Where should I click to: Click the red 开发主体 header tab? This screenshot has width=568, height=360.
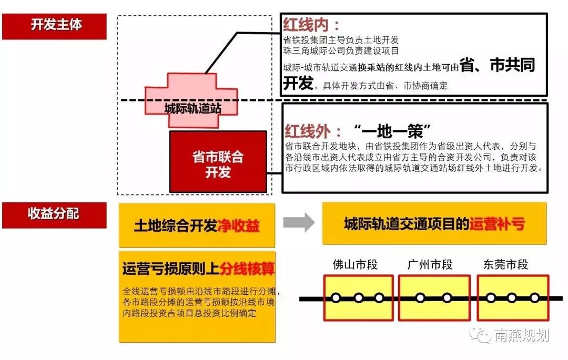click(55, 25)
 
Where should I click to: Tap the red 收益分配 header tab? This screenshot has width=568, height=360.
click(54, 214)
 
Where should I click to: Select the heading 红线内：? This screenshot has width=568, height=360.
click(311, 25)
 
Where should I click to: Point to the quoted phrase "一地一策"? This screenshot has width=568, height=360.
click(392, 130)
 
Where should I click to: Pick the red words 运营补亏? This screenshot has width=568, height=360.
click(497, 224)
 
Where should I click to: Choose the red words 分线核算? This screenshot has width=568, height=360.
click(248, 269)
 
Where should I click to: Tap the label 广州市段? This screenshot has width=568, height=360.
click(430, 264)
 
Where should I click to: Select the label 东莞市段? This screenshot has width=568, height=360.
click(505, 264)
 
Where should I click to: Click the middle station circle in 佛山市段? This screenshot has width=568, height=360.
click(358, 298)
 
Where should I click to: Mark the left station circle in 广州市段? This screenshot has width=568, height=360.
click(420, 298)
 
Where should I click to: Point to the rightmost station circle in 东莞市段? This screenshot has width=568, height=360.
click(534, 298)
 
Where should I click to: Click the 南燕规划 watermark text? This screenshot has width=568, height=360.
click(521, 335)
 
